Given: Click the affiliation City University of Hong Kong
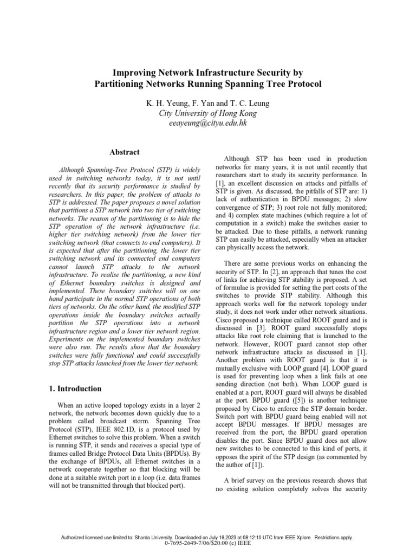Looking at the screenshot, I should [x=208, y=113].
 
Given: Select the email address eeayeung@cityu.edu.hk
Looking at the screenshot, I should [x=208, y=124].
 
